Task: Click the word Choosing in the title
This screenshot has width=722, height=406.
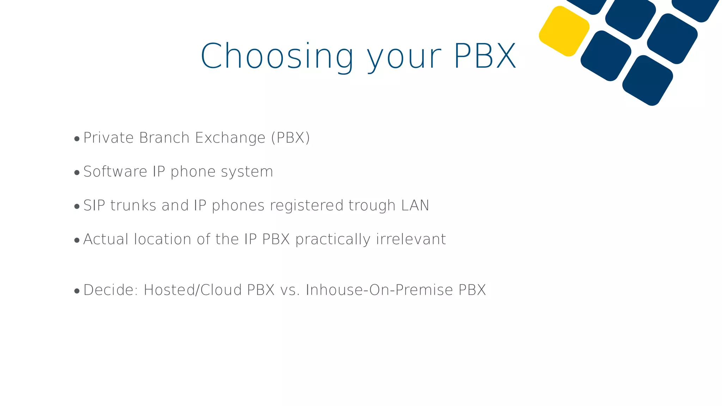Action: (x=277, y=56)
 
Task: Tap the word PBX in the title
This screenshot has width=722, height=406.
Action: (x=485, y=56)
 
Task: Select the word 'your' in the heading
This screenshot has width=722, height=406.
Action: (x=404, y=58)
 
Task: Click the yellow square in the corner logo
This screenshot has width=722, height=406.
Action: (x=564, y=31)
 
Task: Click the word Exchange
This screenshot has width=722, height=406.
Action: (x=230, y=138)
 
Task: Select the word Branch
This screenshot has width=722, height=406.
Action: (x=165, y=138)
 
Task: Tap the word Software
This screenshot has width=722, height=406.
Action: (x=115, y=172)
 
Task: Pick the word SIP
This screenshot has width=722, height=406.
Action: (x=94, y=205)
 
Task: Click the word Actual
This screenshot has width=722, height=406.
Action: (x=106, y=239)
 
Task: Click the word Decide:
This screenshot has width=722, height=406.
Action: (x=111, y=290)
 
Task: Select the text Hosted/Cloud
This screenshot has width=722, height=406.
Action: (x=193, y=290)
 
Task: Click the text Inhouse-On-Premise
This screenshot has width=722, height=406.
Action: (x=379, y=290)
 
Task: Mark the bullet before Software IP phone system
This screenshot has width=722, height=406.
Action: (x=77, y=173)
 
